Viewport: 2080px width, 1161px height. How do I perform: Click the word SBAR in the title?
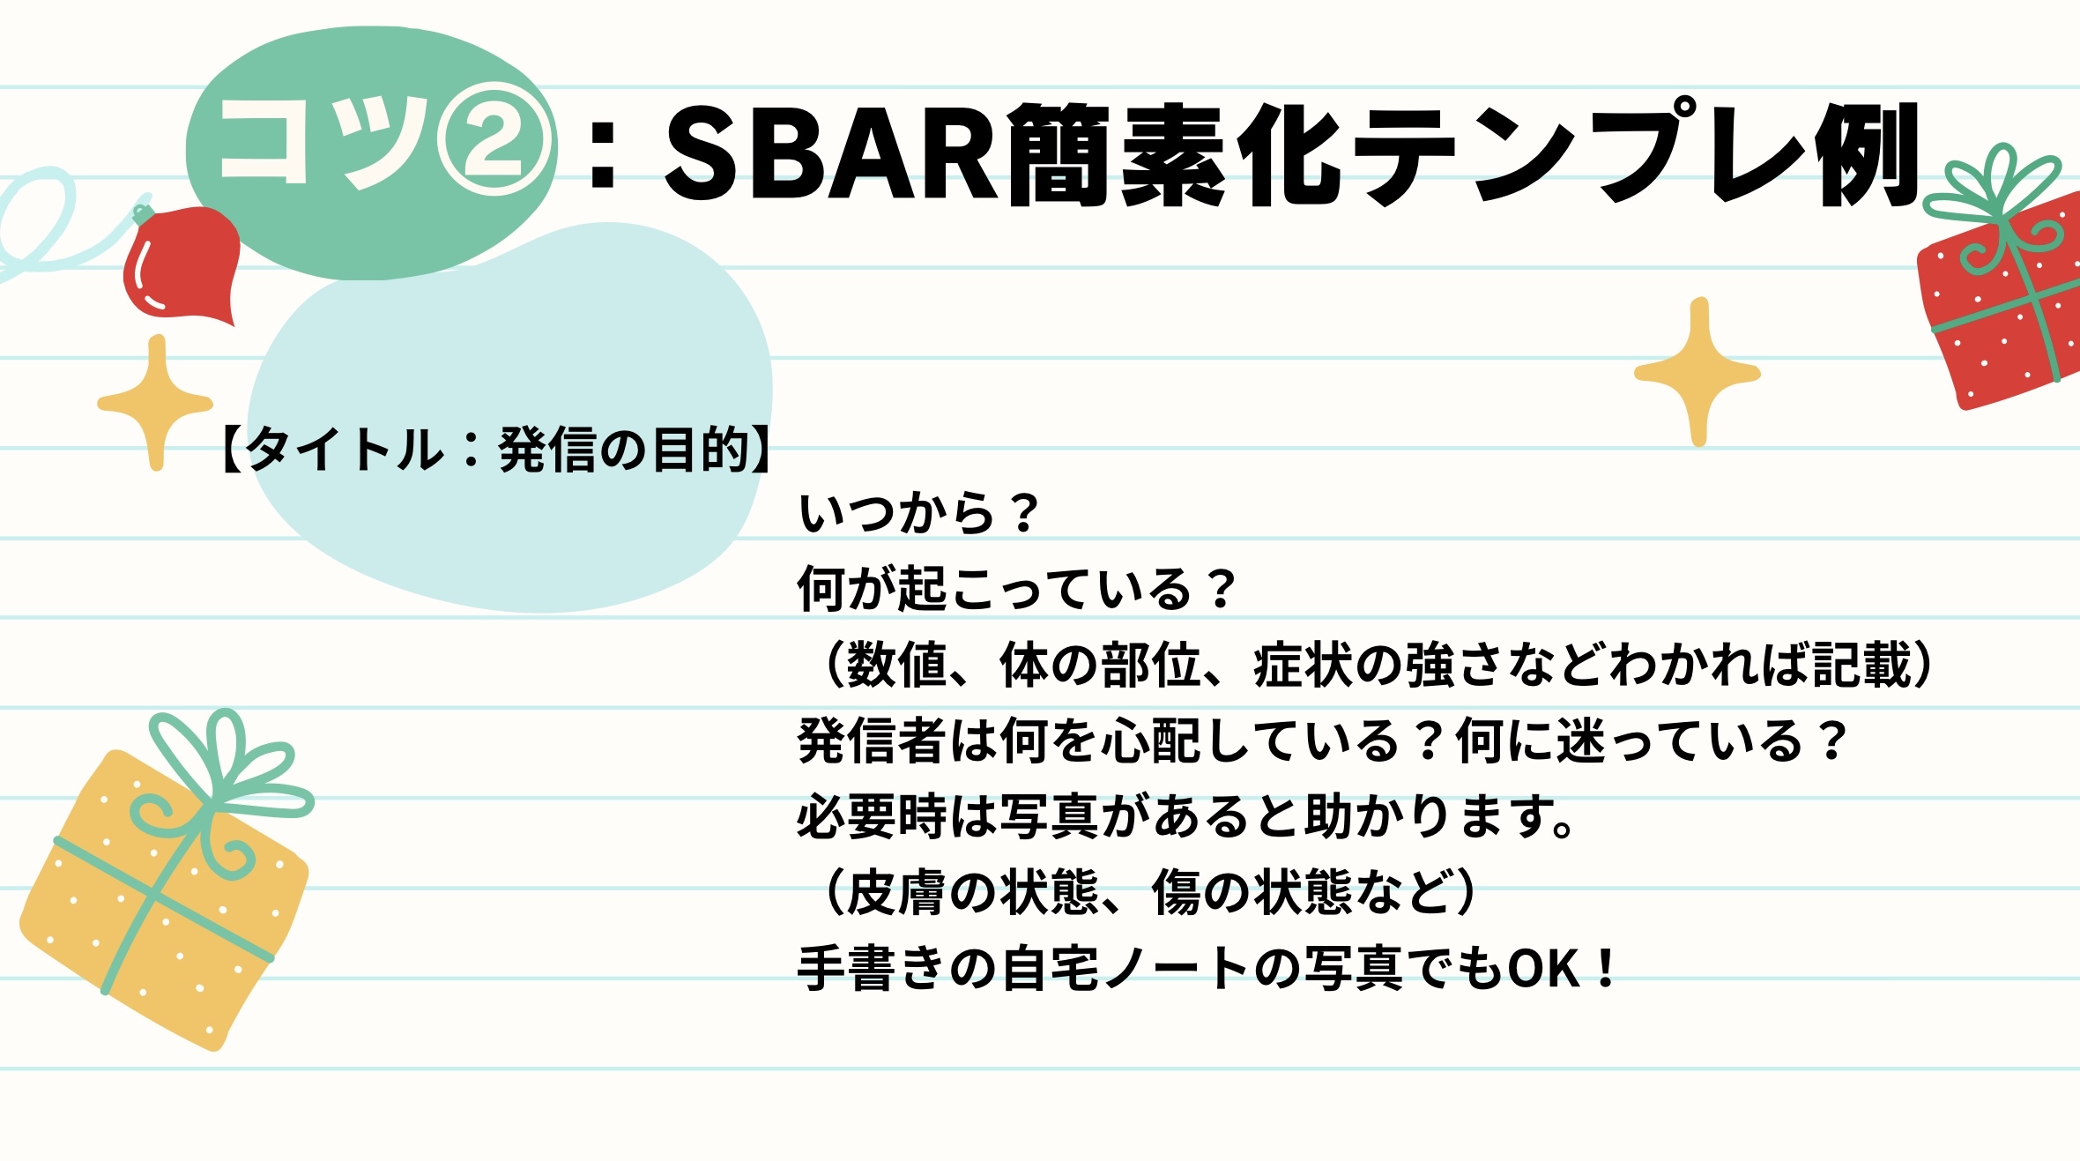pos(830,153)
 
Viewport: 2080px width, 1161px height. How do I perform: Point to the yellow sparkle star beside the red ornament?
pos(156,402)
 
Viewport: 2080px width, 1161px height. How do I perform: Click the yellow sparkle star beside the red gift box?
pos(1697,372)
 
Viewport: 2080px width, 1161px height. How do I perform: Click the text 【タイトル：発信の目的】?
pos(495,450)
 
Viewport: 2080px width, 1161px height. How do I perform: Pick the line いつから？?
pos(918,513)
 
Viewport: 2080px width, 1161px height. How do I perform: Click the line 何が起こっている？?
pos(1017,589)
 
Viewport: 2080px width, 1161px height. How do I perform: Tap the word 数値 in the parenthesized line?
pos(896,665)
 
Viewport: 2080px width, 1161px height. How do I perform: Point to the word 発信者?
pos(873,741)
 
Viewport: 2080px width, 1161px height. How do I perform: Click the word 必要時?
pos(873,816)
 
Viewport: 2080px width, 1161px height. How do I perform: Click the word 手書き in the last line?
pos(873,968)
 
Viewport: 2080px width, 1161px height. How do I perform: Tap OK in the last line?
pos(1543,969)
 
